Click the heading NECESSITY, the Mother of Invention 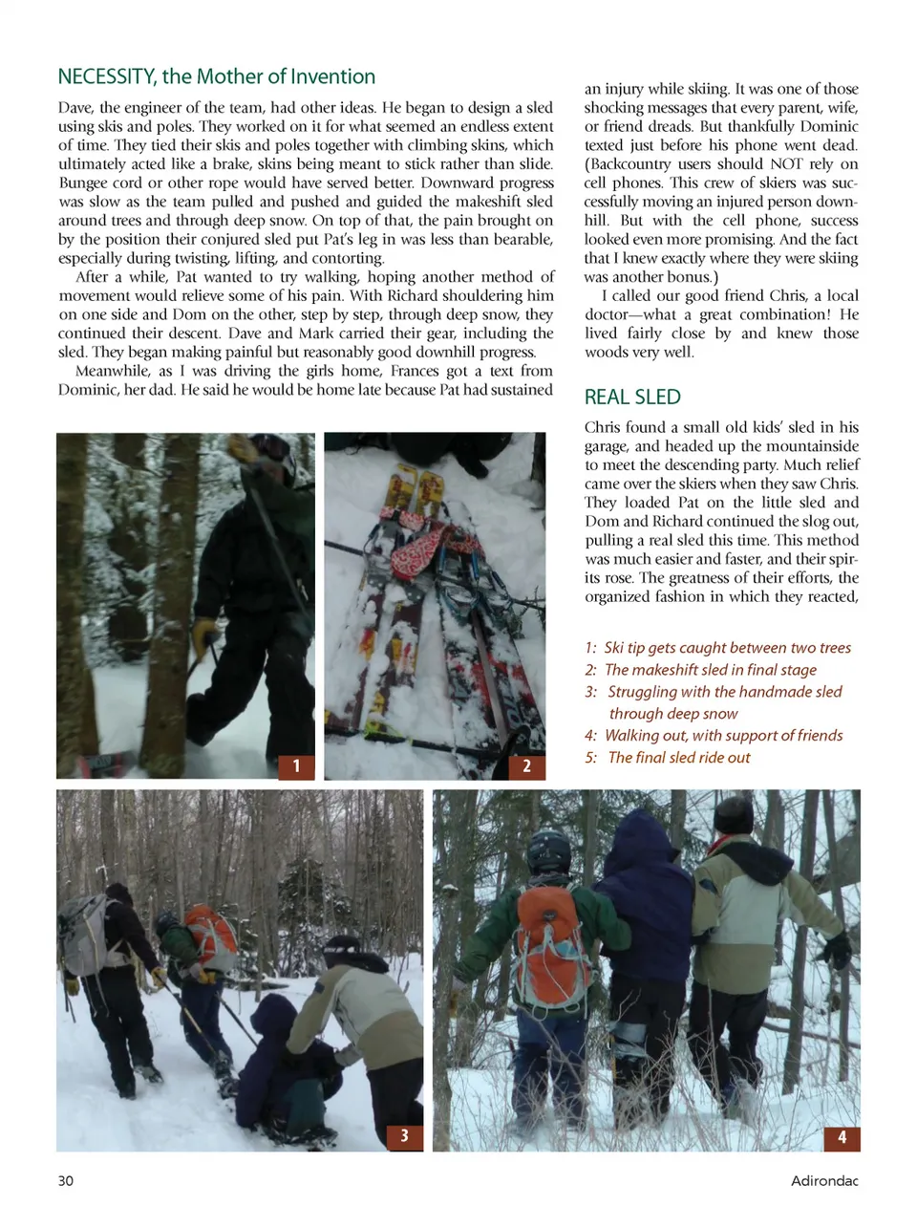coord(217,76)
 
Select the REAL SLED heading coord(632,397)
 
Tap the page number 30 coord(66,1180)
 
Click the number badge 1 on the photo coord(296,765)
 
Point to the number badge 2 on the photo coord(526,765)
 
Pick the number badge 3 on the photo coord(404,1135)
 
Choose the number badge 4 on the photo coord(842,1136)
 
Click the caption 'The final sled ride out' coord(678,758)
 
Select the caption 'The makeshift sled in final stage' coord(711,670)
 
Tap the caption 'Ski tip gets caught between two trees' coord(727,648)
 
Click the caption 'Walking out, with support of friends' coord(723,736)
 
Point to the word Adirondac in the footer coord(824,1181)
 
